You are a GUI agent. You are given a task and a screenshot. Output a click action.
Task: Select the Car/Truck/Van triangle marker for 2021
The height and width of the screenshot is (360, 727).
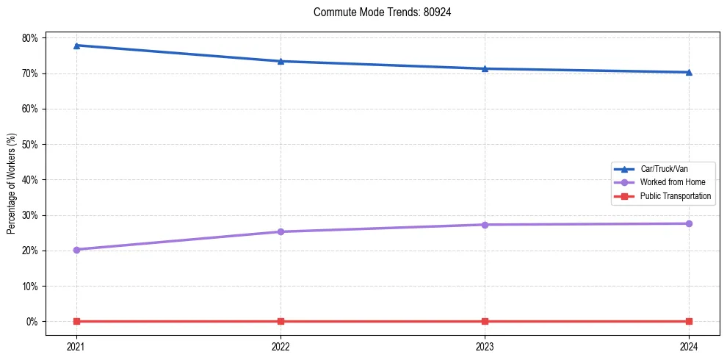click(x=76, y=46)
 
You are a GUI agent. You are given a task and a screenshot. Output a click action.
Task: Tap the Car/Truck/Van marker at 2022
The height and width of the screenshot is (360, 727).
click(x=281, y=61)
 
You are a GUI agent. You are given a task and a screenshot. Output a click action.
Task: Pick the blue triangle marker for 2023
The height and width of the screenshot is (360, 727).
click(x=485, y=68)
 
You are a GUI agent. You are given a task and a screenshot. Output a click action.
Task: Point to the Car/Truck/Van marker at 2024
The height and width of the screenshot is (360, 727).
click(x=689, y=72)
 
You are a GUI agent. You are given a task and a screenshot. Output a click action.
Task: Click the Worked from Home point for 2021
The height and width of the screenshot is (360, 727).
click(x=76, y=250)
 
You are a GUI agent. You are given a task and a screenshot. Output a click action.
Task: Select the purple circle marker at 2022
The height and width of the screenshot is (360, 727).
click(x=281, y=231)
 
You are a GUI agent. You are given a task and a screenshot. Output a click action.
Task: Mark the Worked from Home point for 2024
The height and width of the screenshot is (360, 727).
click(x=689, y=223)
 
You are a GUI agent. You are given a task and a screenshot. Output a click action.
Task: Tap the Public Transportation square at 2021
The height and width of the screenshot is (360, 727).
click(x=76, y=321)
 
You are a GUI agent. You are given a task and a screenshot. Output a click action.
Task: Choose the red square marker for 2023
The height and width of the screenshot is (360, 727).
click(x=485, y=321)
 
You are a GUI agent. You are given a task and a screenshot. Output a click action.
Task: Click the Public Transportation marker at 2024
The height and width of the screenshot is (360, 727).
click(x=689, y=321)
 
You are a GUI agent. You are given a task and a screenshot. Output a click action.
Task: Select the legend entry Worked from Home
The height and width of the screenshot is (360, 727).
click(x=672, y=182)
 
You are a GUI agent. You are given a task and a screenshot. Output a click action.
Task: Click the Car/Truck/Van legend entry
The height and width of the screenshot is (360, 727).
click(x=664, y=169)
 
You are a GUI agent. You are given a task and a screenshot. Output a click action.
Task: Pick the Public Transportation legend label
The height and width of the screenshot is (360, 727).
click(x=676, y=196)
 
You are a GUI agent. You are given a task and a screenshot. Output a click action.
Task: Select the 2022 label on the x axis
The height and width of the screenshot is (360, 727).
click(x=281, y=345)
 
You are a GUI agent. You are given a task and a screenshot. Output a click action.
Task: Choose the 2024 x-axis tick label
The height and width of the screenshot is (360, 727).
click(x=689, y=345)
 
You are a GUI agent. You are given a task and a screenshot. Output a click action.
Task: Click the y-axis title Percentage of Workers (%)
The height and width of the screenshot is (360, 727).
click(x=12, y=184)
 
